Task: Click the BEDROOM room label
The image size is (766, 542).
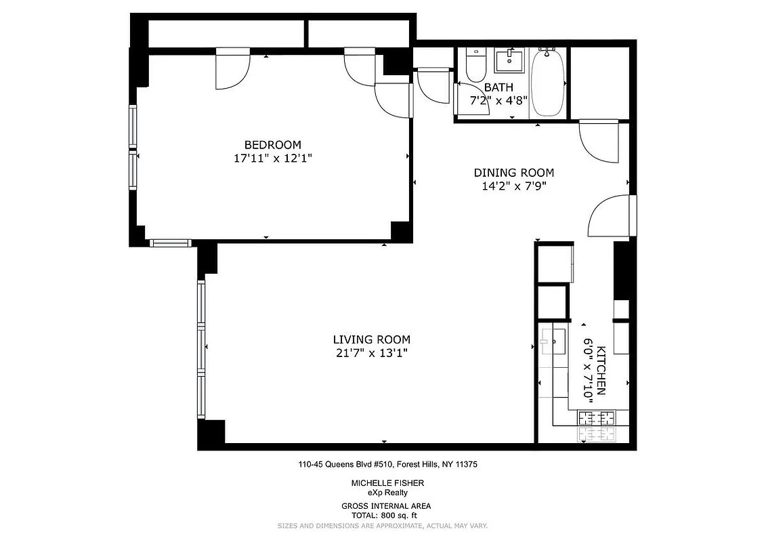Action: point(272,144)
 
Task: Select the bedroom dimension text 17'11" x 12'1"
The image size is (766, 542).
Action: point(272,158)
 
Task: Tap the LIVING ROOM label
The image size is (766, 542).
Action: point(371,339)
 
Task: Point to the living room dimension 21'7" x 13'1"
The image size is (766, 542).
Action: point(371,353)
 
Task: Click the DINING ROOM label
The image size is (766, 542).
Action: point(513,173)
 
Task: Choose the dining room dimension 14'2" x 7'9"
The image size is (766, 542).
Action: point(513,186)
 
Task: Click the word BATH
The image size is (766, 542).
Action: point(498,87)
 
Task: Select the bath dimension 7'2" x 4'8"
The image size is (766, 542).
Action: point(498,100)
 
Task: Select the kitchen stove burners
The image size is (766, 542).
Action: point(596,426)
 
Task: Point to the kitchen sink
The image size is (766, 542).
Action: point(555,339)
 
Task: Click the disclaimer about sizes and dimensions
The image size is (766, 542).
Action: point(383,526)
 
